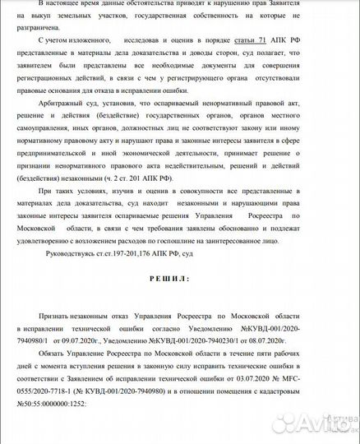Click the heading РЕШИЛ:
[168, 278]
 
